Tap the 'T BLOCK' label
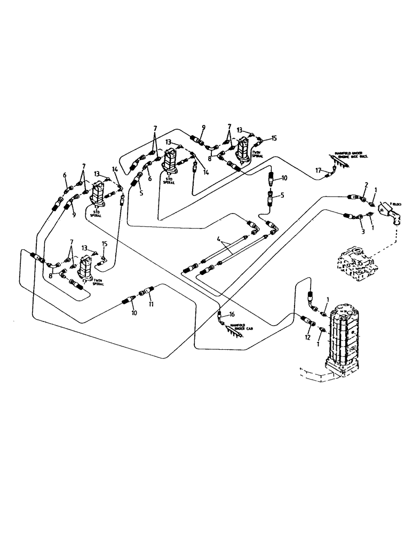click(395, 205)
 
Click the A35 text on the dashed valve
click(360, 262)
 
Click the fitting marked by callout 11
click(145, 292)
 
